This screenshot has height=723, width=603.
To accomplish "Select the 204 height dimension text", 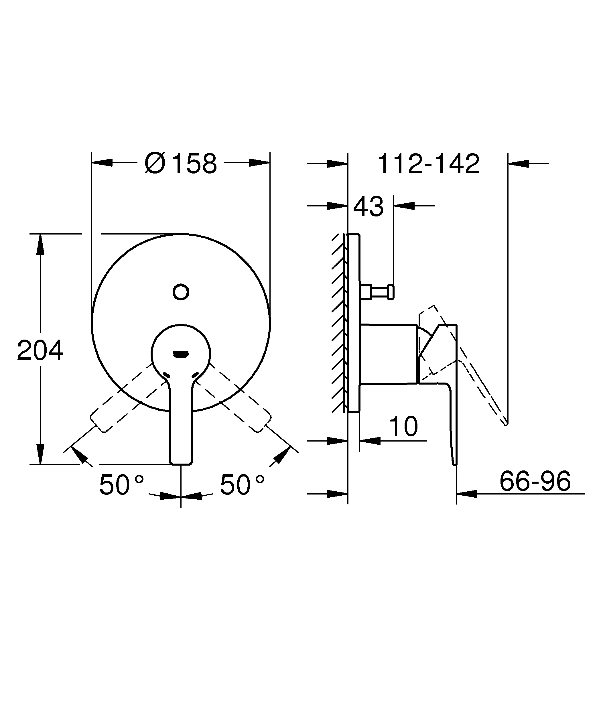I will (x=40, y=350).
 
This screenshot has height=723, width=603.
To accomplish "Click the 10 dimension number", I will (x=403, y=427).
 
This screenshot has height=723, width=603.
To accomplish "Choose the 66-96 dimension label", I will (x=535, y=481).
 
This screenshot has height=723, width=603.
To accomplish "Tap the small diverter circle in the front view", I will (x=181, y=292).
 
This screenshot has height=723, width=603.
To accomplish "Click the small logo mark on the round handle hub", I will (x=181, y=354).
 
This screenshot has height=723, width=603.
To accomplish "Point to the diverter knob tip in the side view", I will (x=391, y=292).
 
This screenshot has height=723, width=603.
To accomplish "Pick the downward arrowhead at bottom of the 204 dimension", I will (x=41, y=454).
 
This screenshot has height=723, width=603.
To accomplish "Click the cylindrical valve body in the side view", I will (x=388, y=354).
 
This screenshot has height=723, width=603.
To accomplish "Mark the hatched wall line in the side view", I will (x=339, y=324).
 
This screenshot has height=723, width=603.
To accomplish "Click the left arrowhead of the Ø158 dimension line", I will (x=102, y=163).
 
